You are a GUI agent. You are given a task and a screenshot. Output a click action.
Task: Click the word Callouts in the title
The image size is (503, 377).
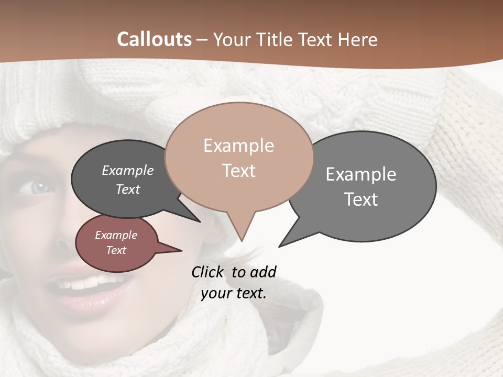(154, 39)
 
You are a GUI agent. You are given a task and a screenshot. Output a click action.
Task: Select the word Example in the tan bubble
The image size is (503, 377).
(238, 146)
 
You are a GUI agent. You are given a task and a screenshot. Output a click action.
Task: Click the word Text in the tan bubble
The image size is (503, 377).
(239, 171)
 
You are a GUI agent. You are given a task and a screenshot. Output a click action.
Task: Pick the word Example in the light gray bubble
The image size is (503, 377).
(361, 174)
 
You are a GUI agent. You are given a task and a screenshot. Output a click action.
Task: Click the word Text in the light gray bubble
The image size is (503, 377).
(361, 199)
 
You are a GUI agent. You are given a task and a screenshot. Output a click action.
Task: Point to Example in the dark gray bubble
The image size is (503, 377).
(128, 171)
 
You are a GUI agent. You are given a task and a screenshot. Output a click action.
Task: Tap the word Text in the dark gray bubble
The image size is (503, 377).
(128, 189)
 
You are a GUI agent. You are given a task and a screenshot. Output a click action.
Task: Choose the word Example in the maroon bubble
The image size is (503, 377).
(116, 235)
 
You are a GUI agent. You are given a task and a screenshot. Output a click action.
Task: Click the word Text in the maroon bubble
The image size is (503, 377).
(116, 250)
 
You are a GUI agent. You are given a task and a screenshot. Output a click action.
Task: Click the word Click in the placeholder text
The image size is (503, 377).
(208, 272)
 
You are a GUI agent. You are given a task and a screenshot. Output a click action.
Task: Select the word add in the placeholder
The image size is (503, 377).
(263, 272)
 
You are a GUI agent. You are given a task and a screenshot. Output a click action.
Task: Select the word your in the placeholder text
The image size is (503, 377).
(215, 293)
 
